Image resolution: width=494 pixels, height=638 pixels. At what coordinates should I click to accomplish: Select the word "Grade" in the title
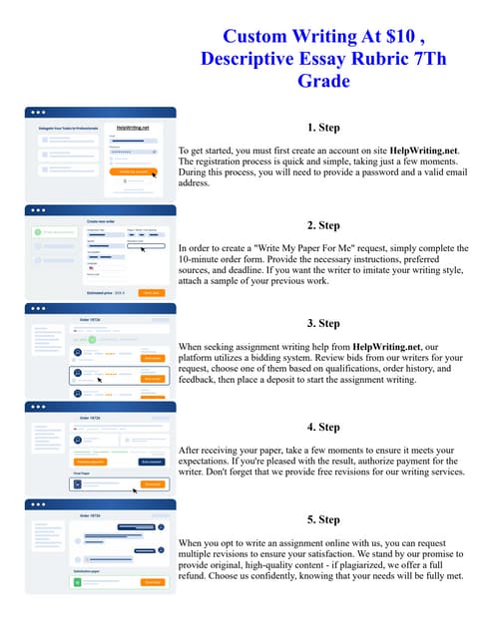click(323, 81)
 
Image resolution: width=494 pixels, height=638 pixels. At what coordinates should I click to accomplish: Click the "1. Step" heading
click(323, 128)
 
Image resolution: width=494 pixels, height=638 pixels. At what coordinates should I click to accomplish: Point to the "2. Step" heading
click(323, 225)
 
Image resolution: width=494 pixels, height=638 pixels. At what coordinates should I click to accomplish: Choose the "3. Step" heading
click(323, 323)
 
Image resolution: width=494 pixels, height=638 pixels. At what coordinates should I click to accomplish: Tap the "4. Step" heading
click(323, 427)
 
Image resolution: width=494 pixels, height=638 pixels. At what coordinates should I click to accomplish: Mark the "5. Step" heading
click(323, 519)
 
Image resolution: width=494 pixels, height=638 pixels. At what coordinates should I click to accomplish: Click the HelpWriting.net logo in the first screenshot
click(133, 129)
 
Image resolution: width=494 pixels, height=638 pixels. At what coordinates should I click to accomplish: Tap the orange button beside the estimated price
click(152, 292)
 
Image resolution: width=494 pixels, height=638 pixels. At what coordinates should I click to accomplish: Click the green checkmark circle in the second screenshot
click(37, 232)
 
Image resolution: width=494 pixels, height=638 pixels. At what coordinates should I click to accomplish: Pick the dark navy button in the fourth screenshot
click(152, 463)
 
